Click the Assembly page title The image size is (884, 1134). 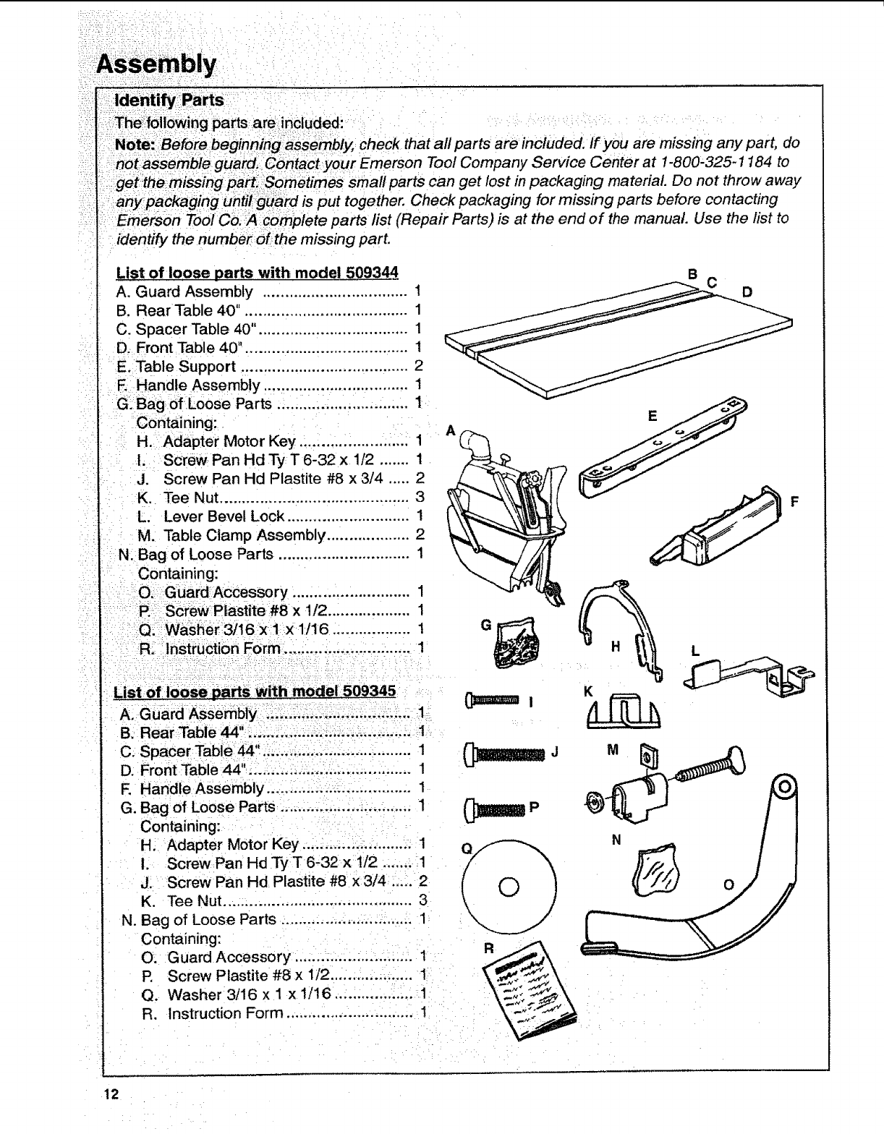point(156,65)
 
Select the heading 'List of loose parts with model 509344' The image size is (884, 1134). point(258,273)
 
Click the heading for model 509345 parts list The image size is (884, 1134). point(255,691)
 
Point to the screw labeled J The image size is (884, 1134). point(506,754)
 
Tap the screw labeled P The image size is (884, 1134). point(496,808)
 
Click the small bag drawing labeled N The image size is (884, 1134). point(655,867)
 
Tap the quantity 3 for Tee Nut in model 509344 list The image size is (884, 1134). point(419,498)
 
